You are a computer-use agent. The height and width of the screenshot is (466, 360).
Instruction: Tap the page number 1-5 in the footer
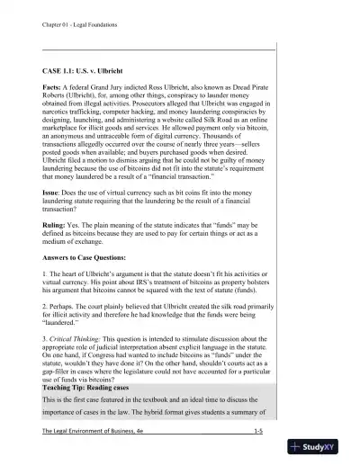tap(258, 457)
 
